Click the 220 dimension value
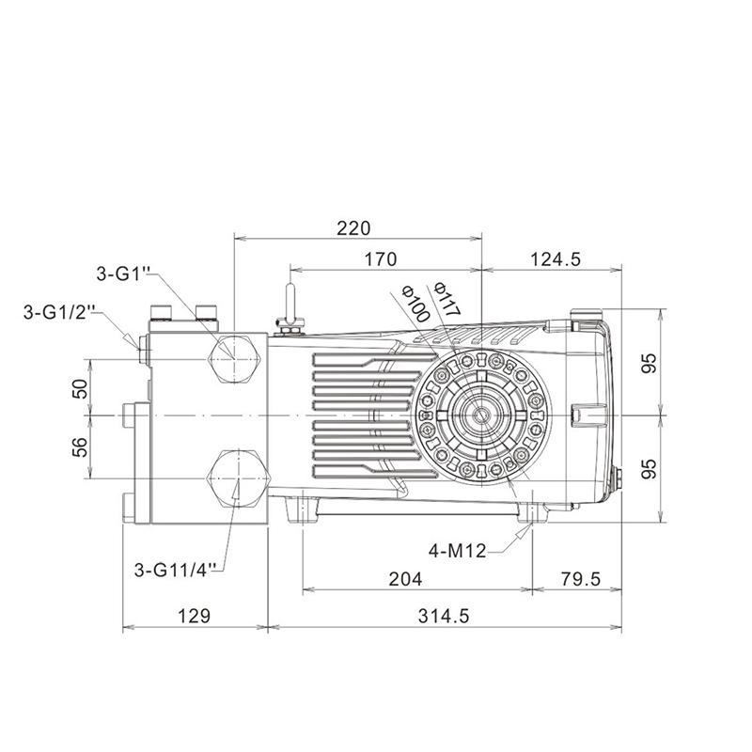click(x=353, y=227)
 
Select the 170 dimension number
click(x=381, y=259)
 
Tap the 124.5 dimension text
click(x=556, y=259)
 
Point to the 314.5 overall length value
click(x=444, y=616)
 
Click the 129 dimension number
click(x=195, y=616)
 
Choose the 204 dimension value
click(x=405, y=579)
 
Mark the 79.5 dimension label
click(x=580, y=579)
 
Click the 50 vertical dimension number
click(x=80, y=388)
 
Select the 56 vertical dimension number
click(x=80, y=447)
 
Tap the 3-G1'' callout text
click(x=124, y=274)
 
